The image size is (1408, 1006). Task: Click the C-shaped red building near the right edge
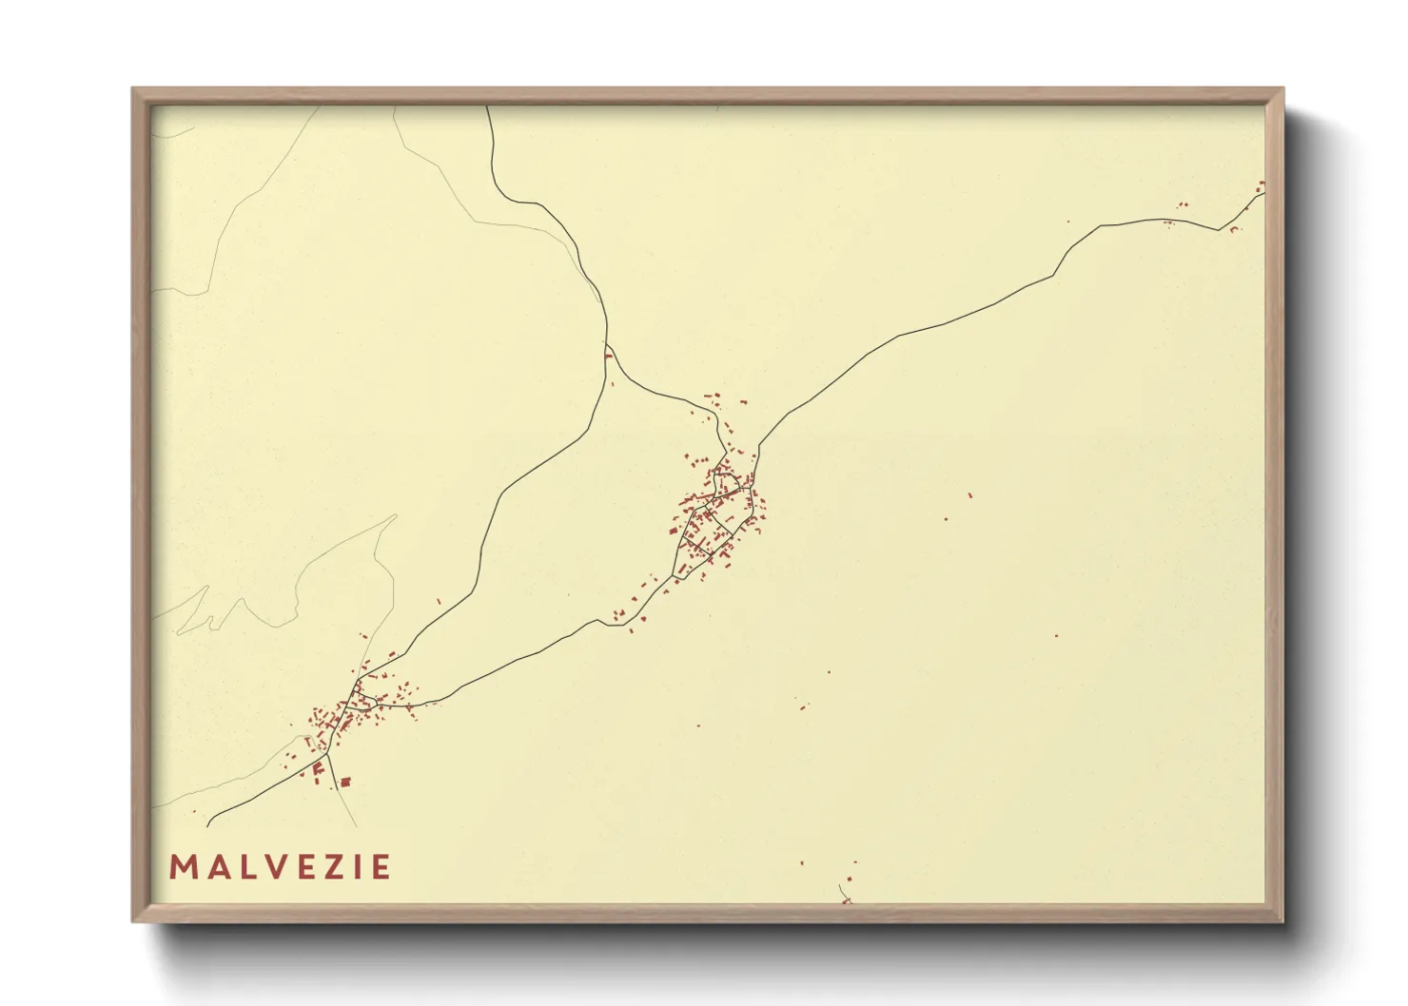[x=1234, y=229]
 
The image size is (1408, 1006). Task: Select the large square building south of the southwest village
[x=345, y=783]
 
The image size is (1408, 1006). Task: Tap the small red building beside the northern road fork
[x=608, y=357]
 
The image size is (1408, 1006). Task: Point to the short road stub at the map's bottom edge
[x=844, y=894]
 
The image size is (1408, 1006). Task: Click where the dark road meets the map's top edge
[x=487, y=107]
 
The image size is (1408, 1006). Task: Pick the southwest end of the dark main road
[x=208, y=823]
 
